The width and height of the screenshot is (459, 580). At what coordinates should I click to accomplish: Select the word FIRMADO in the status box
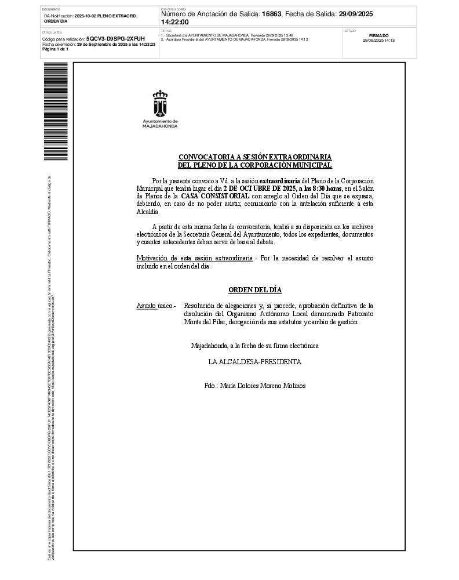(x=378, y=35)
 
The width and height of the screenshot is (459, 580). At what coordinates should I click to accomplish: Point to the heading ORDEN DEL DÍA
(x=255, y=290)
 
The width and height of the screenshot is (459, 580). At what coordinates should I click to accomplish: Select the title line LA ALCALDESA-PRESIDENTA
(x=255, y=361)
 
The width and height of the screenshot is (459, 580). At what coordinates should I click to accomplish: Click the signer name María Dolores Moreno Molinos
(x=255, y=386)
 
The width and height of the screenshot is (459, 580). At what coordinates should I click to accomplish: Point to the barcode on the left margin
(x=56, y=111)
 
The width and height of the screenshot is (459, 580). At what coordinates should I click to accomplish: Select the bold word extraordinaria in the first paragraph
(x=279, y=181)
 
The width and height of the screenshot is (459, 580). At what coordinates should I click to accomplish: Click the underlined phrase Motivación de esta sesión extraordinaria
(x=194, y=258)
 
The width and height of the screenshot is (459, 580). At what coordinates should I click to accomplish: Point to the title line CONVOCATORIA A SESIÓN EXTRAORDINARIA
(x=255, y=157)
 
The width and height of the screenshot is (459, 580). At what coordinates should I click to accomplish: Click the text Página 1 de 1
(x=56, y=49)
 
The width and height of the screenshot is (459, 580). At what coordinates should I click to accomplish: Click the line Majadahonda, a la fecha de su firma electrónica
(x=255, y=346)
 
